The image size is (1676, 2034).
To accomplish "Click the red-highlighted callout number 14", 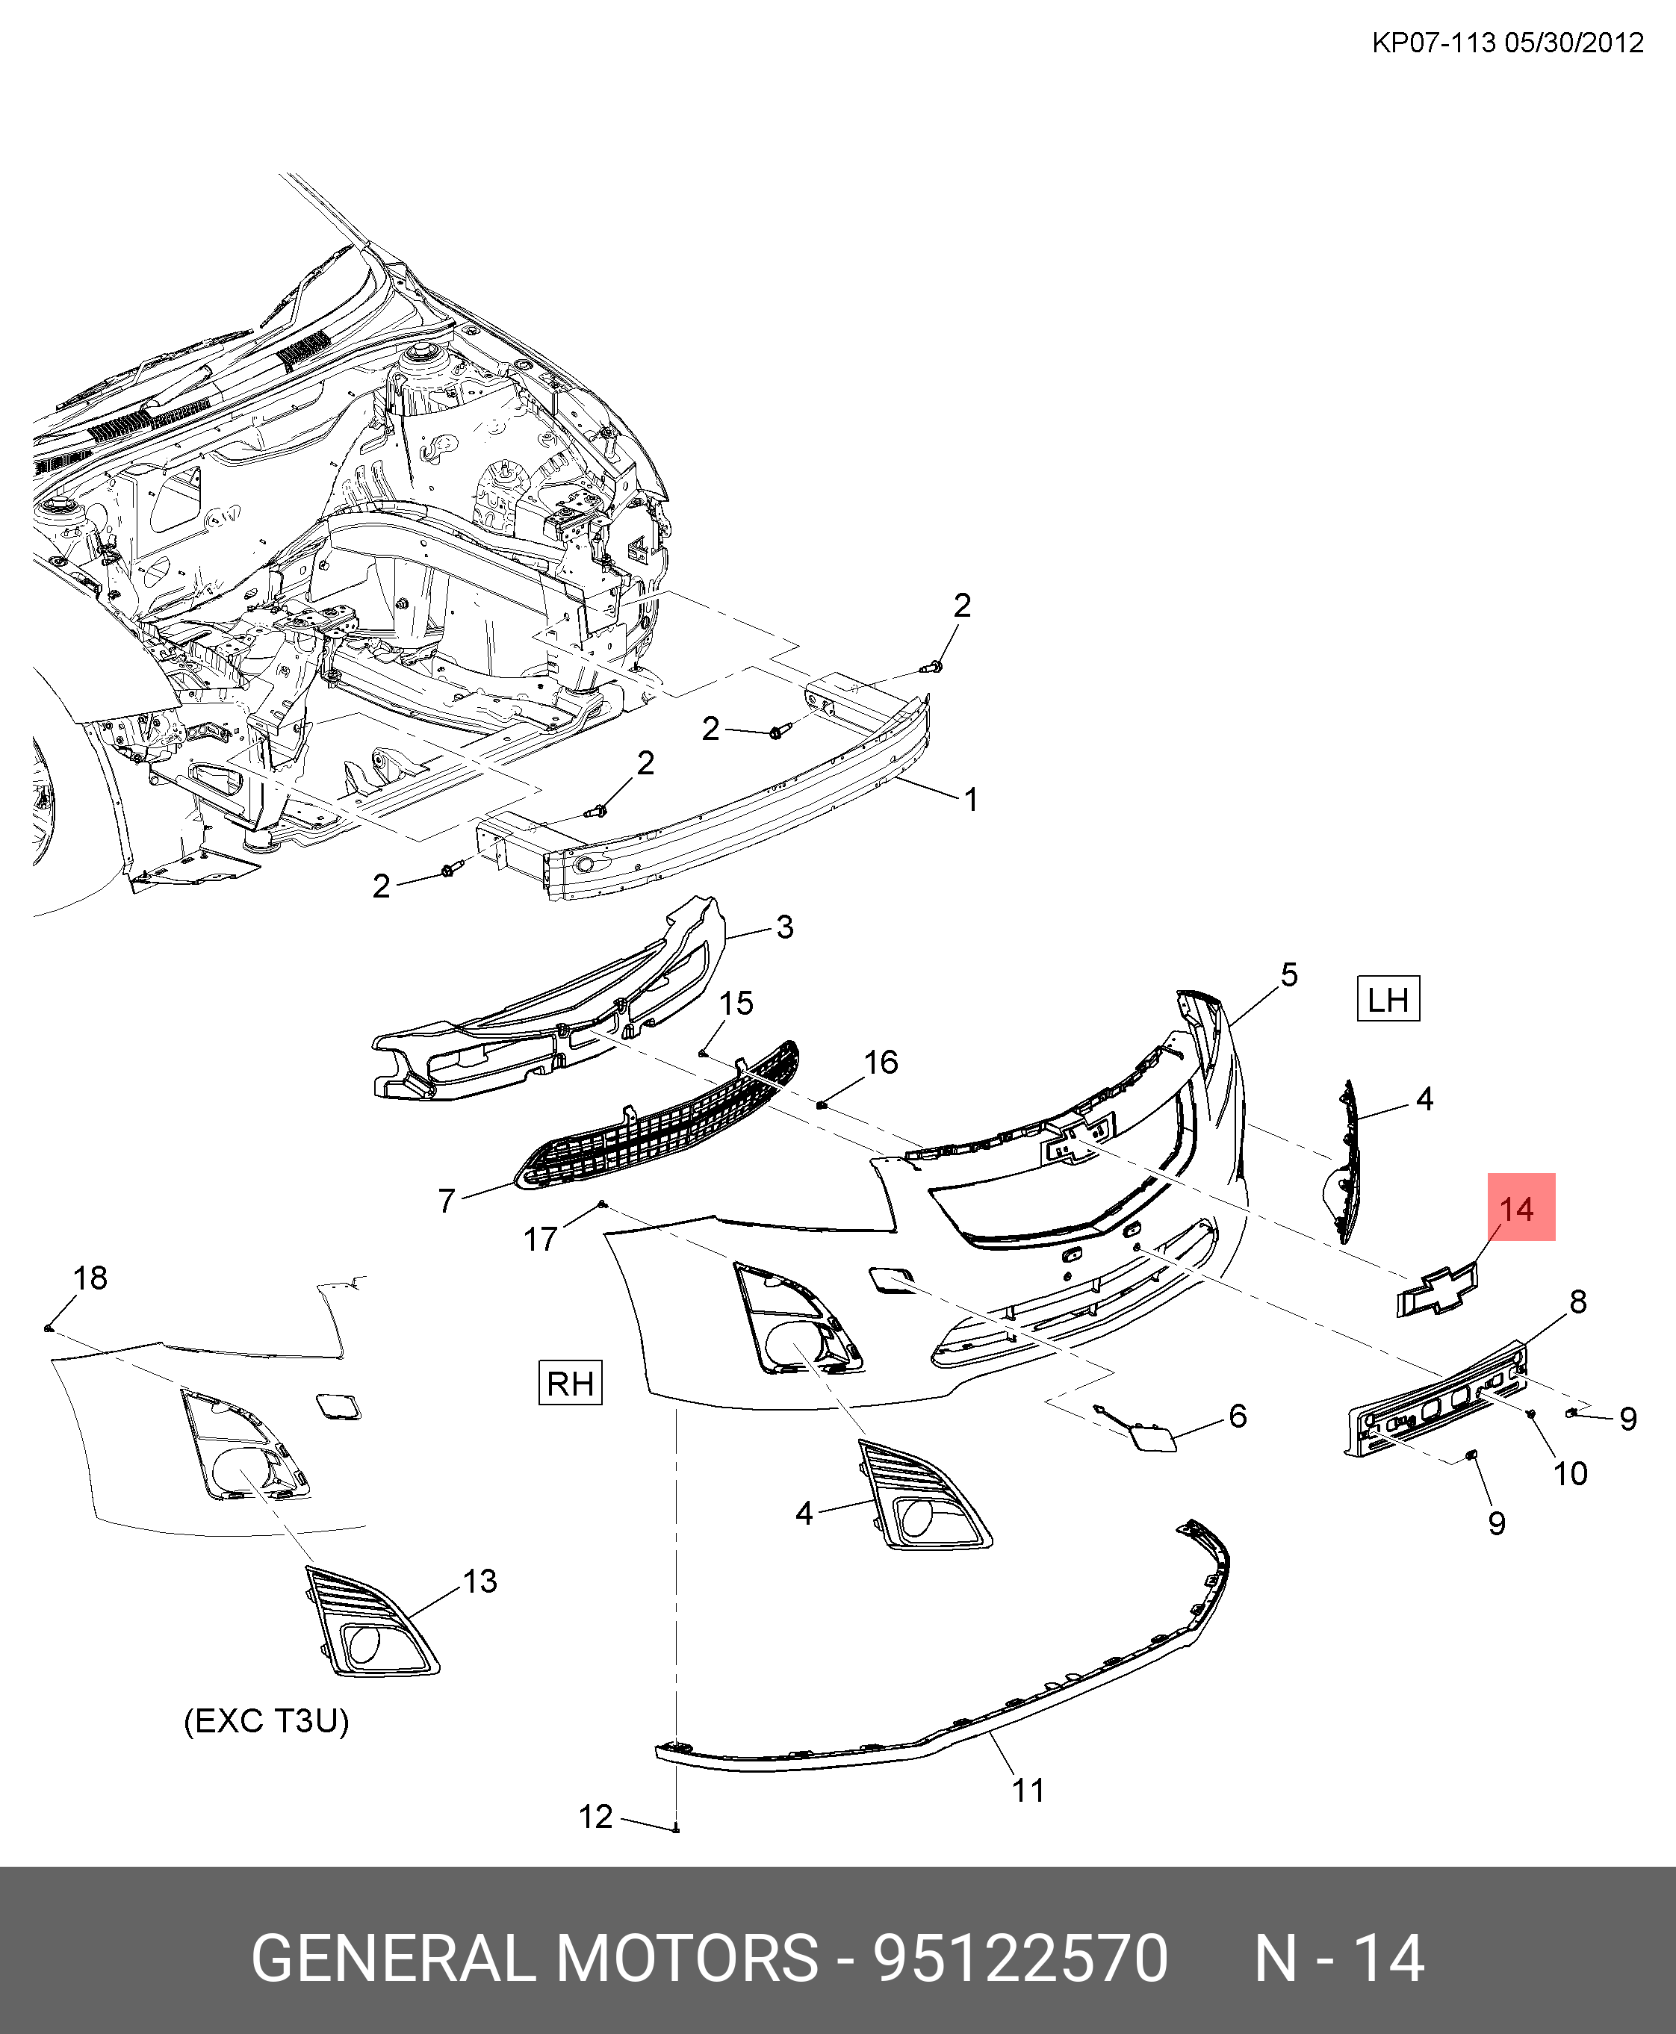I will (1515, 1210).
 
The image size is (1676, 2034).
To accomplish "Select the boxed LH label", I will (1388, 999).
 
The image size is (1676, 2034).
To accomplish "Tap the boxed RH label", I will (570, 1384).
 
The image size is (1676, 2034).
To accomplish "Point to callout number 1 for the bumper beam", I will (971, 799).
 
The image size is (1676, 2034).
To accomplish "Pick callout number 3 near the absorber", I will (784, 927).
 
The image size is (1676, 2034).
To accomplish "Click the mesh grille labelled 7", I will (657, 1120).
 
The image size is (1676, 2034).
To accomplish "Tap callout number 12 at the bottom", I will (596, 1817).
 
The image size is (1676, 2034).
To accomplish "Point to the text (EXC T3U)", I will (267, 1720).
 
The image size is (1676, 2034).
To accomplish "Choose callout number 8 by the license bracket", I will (1577, 1302).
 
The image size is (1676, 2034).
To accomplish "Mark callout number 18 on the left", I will (90, 1278).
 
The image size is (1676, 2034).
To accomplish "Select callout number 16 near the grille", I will (881, 1063).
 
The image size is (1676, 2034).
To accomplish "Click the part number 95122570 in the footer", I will (1020, 1959).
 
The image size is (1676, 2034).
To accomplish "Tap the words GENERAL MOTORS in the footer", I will (534, 1959).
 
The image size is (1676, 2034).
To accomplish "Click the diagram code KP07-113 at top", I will (1434, 43).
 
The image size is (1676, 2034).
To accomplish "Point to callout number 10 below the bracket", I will (1570, 1474).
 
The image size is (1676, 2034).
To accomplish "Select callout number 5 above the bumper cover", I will (1289, 975).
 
